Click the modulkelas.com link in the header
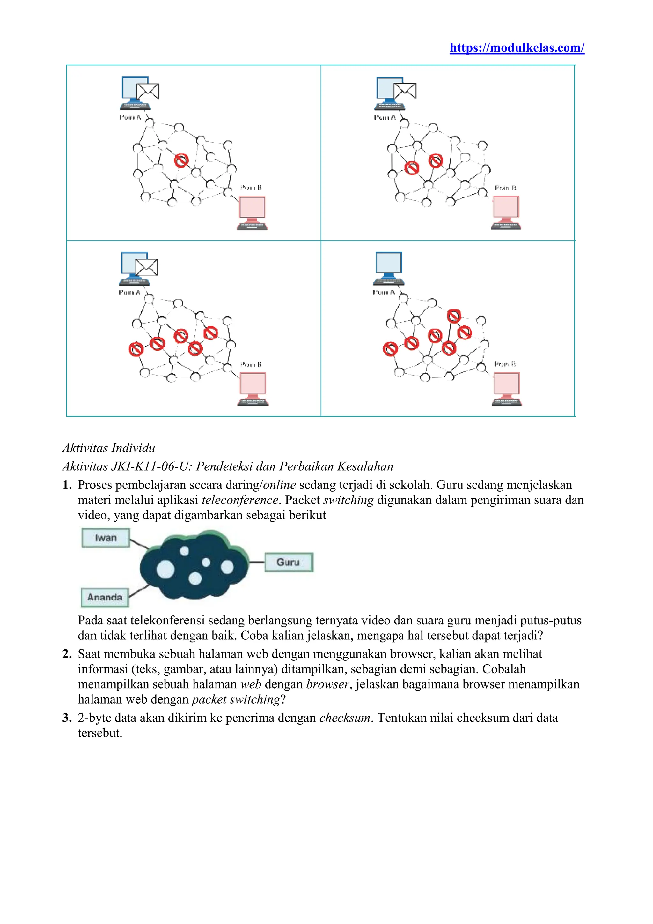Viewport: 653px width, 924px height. coord(517,48)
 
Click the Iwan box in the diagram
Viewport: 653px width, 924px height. coord(106,538)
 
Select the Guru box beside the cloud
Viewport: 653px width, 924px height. coord(288,562)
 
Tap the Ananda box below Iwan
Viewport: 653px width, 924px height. coord(105,597)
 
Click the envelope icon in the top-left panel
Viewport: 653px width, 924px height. coord(148,91)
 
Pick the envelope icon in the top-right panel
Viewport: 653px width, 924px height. coord(405,91)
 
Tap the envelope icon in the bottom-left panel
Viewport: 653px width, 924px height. coord(146,267)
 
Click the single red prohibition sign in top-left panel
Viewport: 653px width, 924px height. coord(181,160)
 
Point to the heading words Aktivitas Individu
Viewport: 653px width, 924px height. coord(108,448)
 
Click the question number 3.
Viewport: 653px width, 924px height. coord(67,718)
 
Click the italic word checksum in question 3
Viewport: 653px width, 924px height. coord(345,718)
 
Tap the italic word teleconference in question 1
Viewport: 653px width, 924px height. coord(240,500)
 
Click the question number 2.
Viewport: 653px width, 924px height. coord(67,654)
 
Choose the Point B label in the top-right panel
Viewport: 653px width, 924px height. coord(505,188)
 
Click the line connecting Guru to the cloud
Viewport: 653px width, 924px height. coord(257,562)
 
